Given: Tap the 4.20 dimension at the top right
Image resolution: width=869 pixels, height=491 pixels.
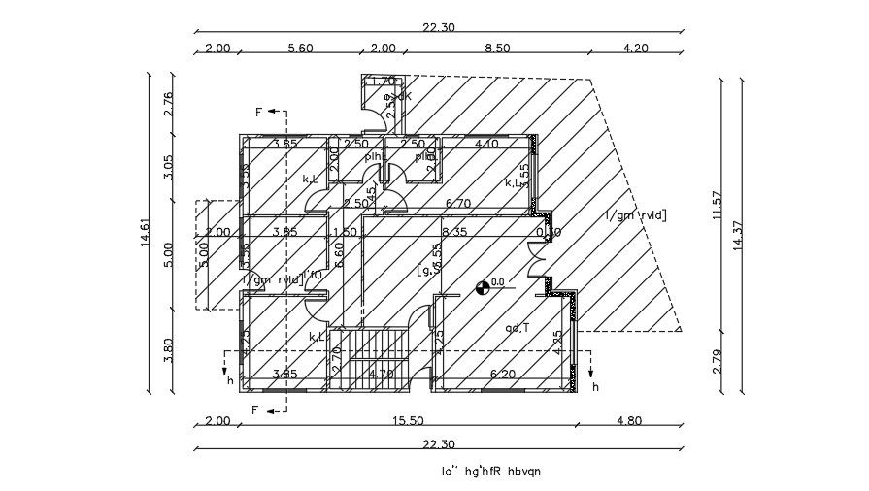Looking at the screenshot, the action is (634, 48).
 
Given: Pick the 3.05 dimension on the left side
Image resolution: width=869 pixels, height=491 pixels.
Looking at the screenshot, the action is (168, 166).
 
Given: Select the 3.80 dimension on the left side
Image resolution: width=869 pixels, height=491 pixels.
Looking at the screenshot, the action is (168, 349).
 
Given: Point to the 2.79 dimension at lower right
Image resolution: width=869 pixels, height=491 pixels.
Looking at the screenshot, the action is (718, 361).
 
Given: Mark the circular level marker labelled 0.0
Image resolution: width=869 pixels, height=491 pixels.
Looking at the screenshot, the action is (482, 286).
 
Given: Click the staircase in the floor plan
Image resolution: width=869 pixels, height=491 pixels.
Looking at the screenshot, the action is (372, 358).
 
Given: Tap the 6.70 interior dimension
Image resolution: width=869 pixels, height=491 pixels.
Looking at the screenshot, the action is (457, 203).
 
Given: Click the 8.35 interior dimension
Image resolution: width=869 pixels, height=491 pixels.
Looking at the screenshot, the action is (453, 233).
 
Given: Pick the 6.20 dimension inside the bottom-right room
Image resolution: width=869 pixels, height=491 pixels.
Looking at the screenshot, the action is (502, 374).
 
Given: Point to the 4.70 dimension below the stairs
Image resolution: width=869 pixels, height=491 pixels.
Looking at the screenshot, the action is (383, 374).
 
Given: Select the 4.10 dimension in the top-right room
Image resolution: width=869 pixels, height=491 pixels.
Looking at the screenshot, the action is (485, 145).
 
